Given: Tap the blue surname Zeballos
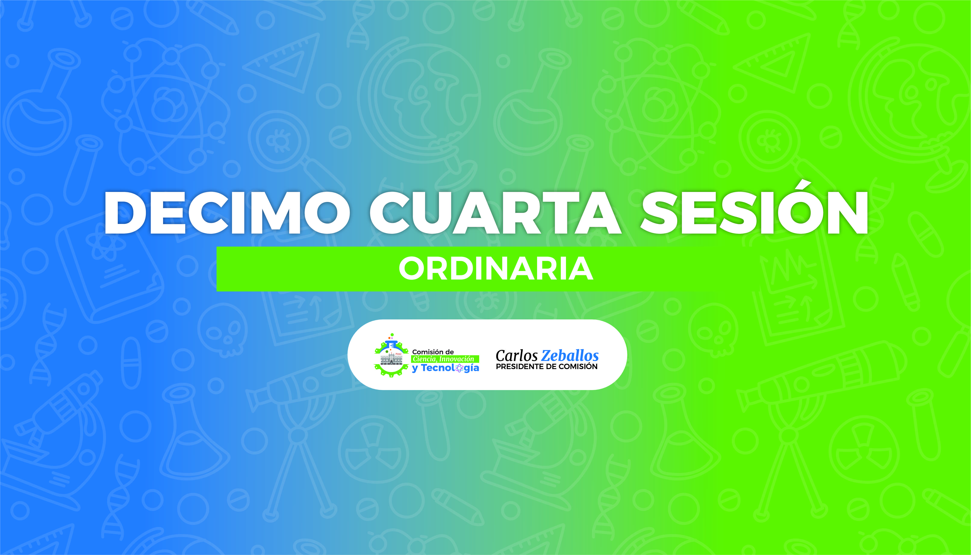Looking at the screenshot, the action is click(570, 356).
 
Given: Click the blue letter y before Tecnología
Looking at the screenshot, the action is click(415, 369).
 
